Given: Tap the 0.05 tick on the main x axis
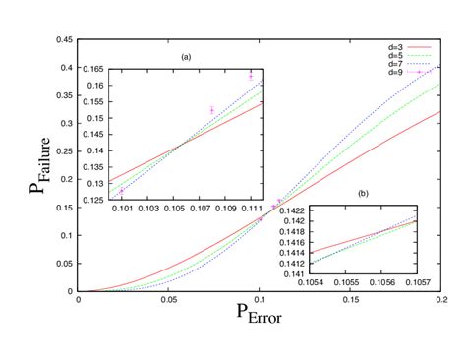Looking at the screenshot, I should pos(169,300).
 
